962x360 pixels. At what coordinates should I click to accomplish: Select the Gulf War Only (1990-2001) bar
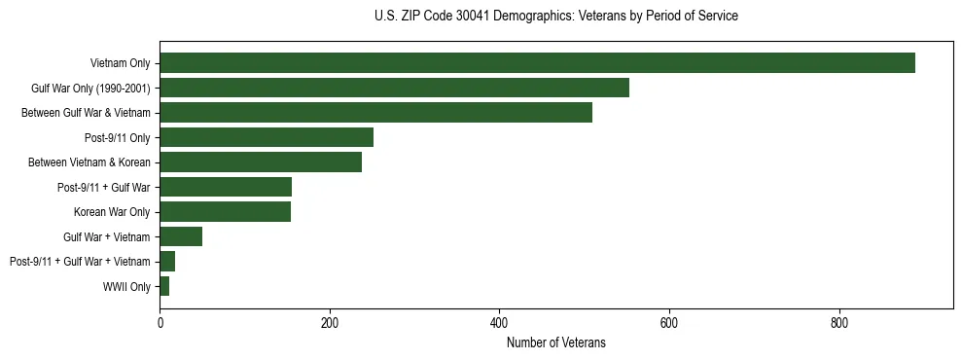tap(394, 89)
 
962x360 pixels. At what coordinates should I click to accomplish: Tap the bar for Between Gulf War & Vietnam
tap(375, 113)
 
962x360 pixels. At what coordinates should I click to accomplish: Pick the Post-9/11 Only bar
tap(267, 138)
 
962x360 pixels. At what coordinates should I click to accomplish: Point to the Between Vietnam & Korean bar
tap(261, 162)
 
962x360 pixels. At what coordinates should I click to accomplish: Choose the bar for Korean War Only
tap(225, 212)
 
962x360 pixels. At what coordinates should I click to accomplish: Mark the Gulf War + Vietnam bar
tap(181, 237)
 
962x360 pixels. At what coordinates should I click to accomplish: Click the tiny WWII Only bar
tap(164, 287)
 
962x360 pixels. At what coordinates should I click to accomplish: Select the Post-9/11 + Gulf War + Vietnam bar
tap(167, 262)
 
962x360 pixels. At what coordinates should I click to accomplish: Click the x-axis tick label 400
tap(499, 323)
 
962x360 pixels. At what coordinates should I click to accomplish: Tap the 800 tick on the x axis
tap(838, 323)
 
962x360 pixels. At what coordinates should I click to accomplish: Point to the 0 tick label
tap(160, 323)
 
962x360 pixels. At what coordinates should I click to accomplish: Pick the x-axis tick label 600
tap(669, 323)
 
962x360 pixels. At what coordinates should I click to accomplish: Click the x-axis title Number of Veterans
tap(555, 342)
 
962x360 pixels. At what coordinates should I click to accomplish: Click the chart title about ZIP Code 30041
tap(555, 17)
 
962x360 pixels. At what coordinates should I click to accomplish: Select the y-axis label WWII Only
tap(126, 287)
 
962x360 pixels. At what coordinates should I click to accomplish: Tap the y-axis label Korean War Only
tap(112, 212)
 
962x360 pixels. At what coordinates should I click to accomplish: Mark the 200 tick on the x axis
tap(330, 323)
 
